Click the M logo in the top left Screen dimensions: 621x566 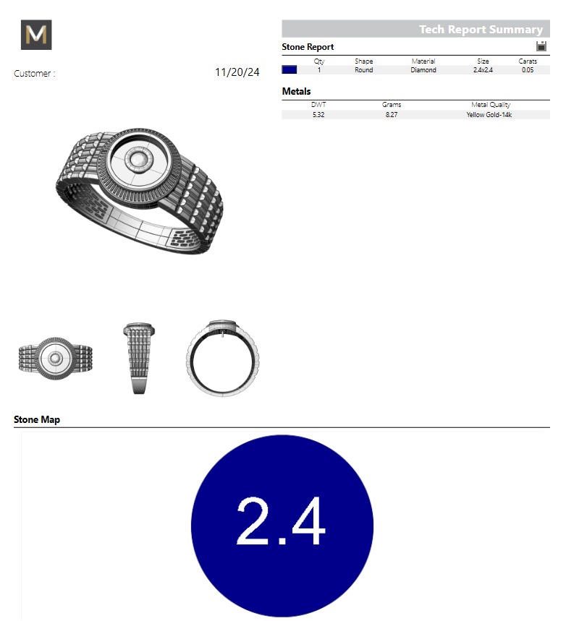(x=36, y=35)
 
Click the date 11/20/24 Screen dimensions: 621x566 (x=237, y=72)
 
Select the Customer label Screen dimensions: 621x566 (x=34, y=74)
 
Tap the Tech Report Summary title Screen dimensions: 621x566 (x=481, y=30)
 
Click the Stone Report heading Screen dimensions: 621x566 (x=308, y=47)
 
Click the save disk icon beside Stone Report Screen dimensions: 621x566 (x=541, y=46)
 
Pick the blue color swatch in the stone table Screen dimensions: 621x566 (x=290, y=70)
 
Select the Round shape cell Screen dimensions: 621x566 (x=364, y=70)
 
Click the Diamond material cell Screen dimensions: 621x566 (x=423, y=70)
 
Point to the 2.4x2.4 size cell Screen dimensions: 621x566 (x=483, y=70)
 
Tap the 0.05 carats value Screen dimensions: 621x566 (x=528, y=70)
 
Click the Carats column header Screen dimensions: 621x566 (x=528, y=61)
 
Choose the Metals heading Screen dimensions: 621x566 (x=296, y=92)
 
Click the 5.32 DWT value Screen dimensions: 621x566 (x=318, y=114)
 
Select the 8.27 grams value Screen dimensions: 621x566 (x=392, y=114)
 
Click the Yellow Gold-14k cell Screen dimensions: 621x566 (x=490, y=114)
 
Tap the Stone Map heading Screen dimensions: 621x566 (x=37, y=419)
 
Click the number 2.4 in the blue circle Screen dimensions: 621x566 (x=282, y=521)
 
